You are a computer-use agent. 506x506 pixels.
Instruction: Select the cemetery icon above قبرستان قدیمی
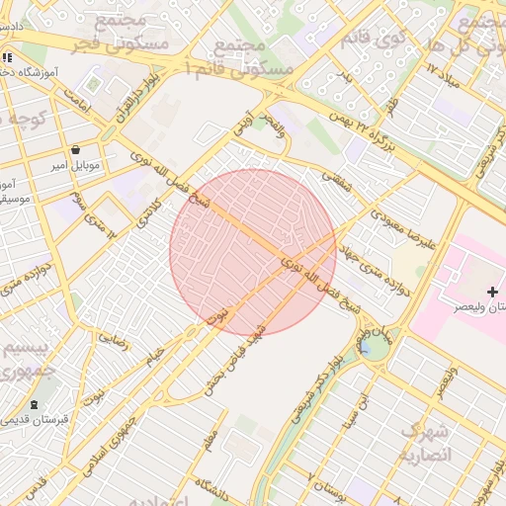[36, 404]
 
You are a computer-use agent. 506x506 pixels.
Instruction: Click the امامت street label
[78, 96]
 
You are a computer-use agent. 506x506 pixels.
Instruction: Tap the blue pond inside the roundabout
[366, 347]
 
